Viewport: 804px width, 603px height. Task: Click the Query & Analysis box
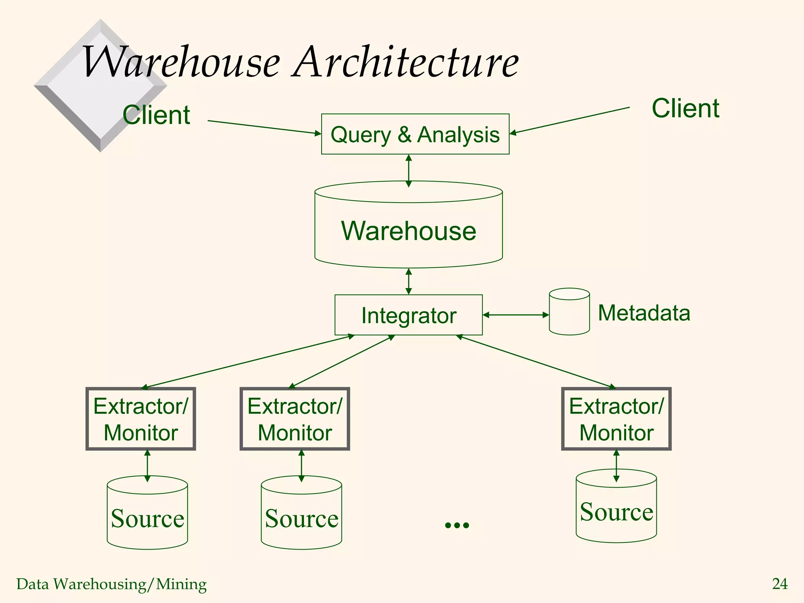tap(415, 134)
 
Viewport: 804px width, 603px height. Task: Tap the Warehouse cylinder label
tap(408, 231)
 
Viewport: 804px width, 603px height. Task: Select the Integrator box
tap(408, 315)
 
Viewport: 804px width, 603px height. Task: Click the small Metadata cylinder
tap(569, 312)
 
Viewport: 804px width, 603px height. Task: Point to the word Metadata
tap(644, 313)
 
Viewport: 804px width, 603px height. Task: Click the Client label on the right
tap(685, 108)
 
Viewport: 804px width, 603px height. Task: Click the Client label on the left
tap(156, 115)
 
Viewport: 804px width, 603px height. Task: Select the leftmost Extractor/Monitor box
tap(141, 419)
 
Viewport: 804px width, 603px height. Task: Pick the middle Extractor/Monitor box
tap(295, 419)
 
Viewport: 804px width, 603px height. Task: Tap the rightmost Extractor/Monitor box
tap(616, 419)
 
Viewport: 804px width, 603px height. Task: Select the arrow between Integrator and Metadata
tap(515, 315)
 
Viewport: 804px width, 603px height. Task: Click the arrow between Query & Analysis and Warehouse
tap(409, 170)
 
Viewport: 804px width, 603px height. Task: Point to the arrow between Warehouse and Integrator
tap(409, 281)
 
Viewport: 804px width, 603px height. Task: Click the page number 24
tap(780, 584)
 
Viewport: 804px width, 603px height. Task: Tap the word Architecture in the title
tap(406, 62)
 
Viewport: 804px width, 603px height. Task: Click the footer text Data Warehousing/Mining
tap(111, 584)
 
